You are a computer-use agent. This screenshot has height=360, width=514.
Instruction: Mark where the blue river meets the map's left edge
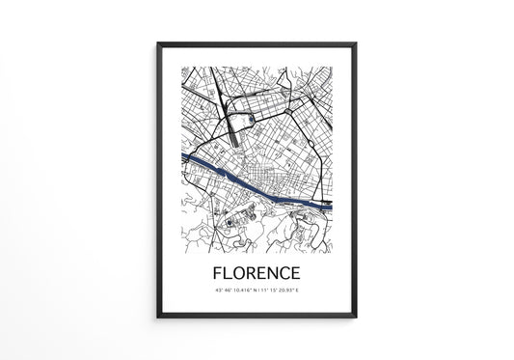181,154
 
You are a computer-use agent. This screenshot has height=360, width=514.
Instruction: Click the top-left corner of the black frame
157,42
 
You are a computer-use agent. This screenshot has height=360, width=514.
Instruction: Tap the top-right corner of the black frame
356,42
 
